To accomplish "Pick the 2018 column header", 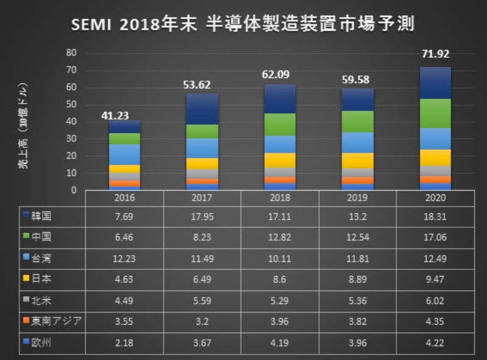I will [x=280, y=199].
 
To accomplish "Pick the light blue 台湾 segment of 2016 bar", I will [x=124, y=154].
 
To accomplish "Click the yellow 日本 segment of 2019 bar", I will [x=359, y=160].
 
